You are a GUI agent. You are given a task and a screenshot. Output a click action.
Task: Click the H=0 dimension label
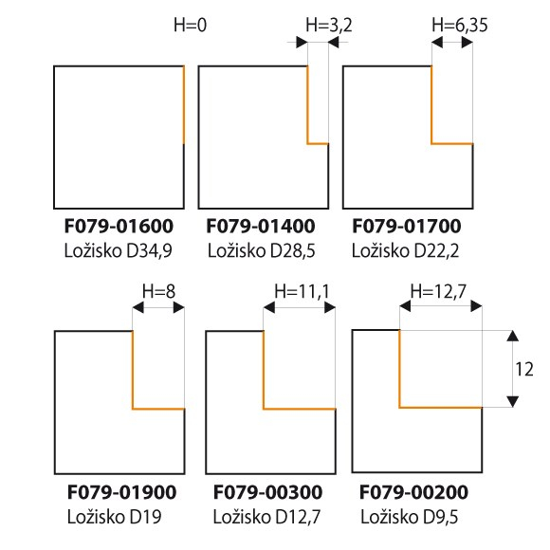tap(190, 26)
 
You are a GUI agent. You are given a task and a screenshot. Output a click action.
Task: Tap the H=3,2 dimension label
tap(329, 26)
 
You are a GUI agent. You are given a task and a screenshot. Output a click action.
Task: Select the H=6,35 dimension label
tap(460, 26)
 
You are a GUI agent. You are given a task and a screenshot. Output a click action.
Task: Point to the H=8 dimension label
tap(158, 291)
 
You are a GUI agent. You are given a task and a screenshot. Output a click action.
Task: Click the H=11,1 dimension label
tap(302, 291)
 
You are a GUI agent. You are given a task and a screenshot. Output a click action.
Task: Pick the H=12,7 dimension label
tap(438, 291)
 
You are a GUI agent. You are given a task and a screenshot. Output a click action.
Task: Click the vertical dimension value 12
tap(524, 369)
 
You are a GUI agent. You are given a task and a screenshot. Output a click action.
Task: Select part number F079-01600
tap(119, 226)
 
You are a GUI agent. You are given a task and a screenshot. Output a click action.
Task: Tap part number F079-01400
tap(261, 226)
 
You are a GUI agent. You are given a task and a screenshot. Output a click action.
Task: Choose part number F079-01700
tap(407, 226)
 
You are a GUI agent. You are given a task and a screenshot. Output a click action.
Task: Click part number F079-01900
tap(121, 492)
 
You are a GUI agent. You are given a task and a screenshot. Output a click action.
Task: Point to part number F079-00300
tap(267, 492)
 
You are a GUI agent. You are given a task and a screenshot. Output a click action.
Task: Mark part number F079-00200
tap(413, 492)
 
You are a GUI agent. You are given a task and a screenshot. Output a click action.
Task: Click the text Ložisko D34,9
tap(119, 250)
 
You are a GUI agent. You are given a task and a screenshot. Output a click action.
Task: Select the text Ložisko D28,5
tap(262, 250)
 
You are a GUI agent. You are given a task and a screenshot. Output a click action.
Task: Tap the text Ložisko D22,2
tap(405, 250)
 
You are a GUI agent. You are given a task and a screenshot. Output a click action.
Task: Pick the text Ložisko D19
tap(115, 517)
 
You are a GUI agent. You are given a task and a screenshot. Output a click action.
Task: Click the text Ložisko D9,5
tap(410, 517)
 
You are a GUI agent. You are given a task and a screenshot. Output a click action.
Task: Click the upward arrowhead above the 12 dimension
tap(513, 336)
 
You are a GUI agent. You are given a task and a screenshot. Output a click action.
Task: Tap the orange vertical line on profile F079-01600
tap(184, 105)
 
